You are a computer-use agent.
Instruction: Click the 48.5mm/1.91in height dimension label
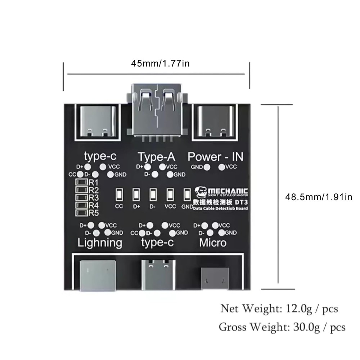pos(318,197)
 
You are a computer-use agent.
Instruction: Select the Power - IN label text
pos(215,157)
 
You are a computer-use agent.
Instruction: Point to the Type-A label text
pos(157,157)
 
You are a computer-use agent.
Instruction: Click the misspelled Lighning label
pos(100,242)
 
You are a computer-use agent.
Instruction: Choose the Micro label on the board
pos(213,242)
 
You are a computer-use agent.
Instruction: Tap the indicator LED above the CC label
pos(119,195)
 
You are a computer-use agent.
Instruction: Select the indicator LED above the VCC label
pos(170,195)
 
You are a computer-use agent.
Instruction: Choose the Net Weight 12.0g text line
pos(279,309)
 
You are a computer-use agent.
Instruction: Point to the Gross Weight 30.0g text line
pos(282,327)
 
